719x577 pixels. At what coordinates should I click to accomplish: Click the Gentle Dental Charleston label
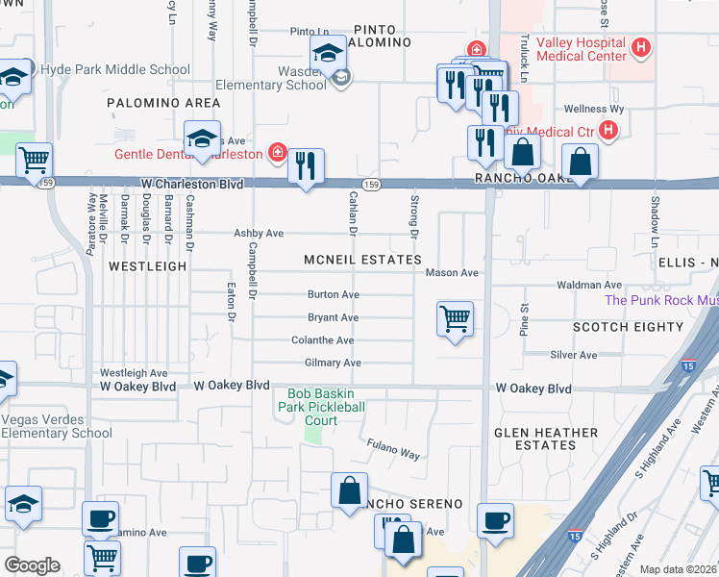(x=188, y=154)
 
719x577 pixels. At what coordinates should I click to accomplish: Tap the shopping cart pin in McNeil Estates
(x=455, y=318)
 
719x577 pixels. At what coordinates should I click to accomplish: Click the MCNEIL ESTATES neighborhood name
(x=362, y=260)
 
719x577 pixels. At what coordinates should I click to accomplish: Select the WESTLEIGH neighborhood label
(x=147, y=265)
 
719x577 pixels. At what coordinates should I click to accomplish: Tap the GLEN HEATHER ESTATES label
(x=547, y=439)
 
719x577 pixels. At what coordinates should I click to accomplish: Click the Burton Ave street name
(x=333, y=294)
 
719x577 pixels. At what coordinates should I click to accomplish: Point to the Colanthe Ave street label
(x=323, y=340)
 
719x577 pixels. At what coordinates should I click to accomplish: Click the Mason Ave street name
(x=452, y=273)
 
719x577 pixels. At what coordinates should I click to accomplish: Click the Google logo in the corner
(x=31, y=565)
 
